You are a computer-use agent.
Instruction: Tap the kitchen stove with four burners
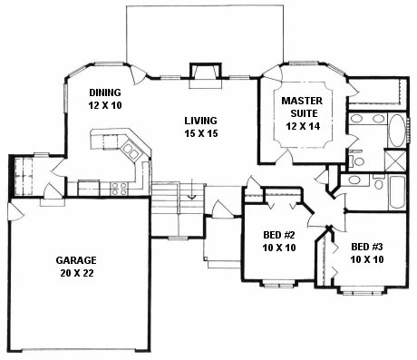tap(118, 188)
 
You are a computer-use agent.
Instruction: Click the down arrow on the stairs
tap(191, 193)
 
